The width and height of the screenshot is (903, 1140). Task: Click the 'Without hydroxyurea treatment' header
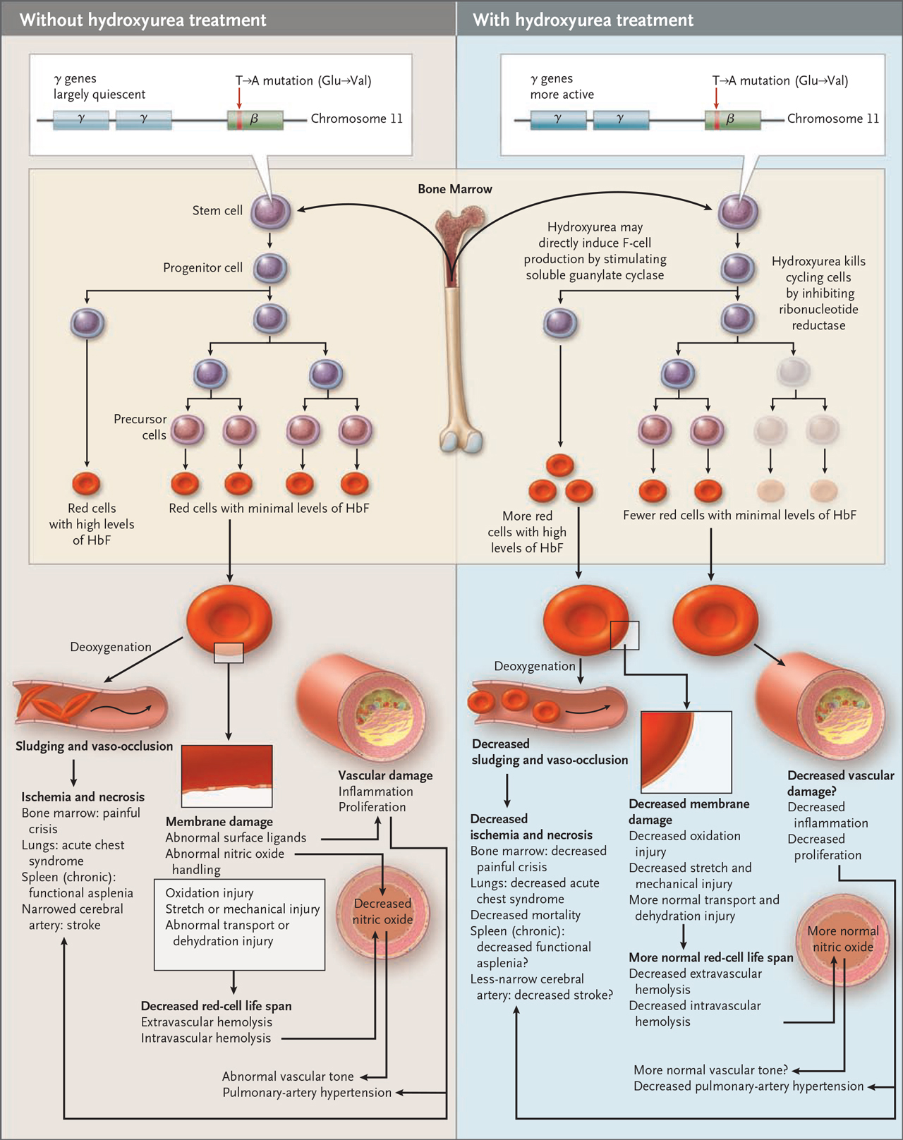143,20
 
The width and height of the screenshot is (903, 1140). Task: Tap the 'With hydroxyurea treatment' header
583,20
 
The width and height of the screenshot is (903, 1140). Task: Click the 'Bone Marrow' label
455,189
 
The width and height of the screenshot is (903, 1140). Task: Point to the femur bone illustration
459,329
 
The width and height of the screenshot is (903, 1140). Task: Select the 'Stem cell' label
217,210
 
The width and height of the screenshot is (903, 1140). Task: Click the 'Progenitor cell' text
202,267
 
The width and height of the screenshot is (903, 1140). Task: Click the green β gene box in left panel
255,120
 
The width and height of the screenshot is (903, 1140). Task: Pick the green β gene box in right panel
732,120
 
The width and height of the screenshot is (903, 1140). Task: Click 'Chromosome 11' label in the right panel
832,119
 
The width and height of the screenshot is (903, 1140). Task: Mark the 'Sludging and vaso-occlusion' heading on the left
95,746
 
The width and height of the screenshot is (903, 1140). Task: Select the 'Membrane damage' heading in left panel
219,822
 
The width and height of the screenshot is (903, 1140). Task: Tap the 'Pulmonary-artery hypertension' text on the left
307,1092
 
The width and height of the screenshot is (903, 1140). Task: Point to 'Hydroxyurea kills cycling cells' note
819,293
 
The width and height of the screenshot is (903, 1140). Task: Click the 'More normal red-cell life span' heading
710,957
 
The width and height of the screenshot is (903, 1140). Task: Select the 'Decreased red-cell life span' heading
216,1006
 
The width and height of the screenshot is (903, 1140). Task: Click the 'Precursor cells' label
140,427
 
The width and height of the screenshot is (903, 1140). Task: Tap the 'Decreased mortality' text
525,915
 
